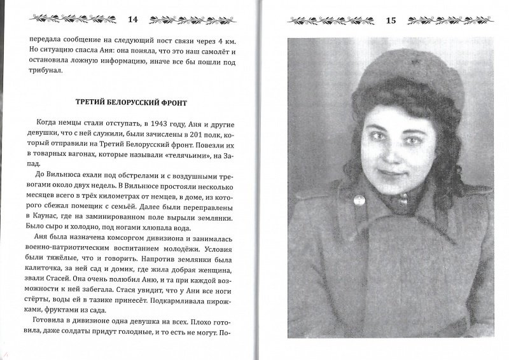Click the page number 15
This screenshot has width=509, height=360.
tap(391, 21)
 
